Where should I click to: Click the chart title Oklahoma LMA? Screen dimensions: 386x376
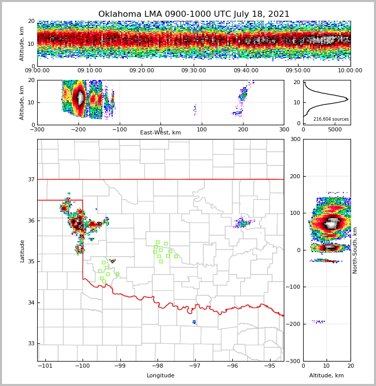[x=194, y=14]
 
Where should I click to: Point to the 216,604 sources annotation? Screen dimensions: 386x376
[x=331, y=119]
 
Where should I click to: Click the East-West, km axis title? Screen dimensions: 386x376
[x=160, y=133]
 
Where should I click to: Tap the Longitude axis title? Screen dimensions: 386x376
[x=160, y=376]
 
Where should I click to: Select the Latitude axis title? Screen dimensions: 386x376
[x=22, y=251]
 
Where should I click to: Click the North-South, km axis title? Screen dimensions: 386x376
[x=355, y=250]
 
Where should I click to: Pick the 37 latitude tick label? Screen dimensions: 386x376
[x=30, y=179]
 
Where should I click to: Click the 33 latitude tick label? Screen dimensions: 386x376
[x=30, y=343]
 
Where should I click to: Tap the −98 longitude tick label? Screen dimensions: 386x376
[x=157, y=366]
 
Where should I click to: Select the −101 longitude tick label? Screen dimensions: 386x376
[x=45, y=366]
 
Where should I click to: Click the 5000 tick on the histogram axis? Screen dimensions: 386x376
[x=335, y=129]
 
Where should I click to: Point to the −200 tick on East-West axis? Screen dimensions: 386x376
[x=78, y=129]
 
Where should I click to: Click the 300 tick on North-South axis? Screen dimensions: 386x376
[x=296, y=139]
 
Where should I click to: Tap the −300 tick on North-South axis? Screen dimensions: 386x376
[x=293, y=361]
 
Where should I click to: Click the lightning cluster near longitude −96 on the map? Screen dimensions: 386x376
[x=243, y=223]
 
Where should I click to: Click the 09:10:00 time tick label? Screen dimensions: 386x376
[x=89, y=71]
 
